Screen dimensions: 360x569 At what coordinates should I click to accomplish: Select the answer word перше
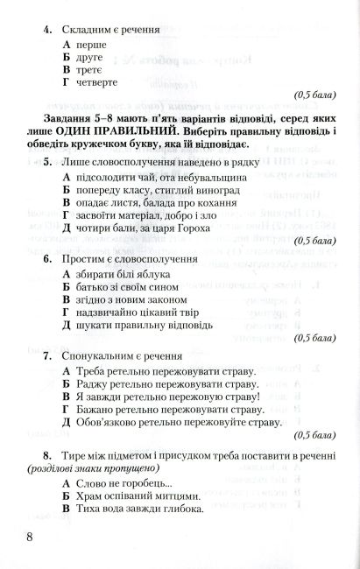point(91,43)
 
